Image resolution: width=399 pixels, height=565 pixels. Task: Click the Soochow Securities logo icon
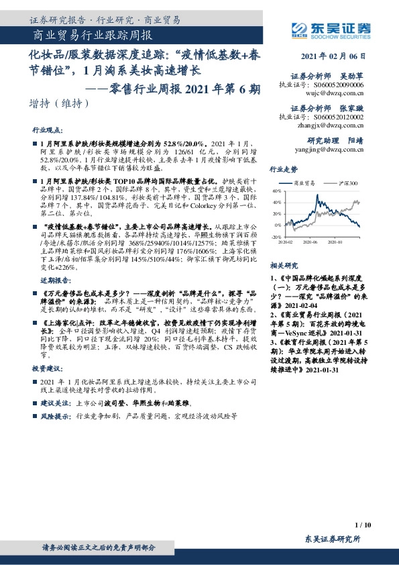[298, 28]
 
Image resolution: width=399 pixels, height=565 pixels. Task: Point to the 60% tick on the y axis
[277, 191]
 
